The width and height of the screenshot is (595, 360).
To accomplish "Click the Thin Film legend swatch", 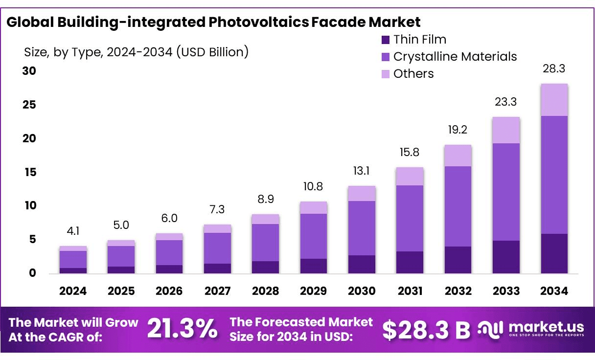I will (x=386, y=40).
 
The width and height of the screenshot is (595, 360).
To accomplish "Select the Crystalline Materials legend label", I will (x=455, y=57).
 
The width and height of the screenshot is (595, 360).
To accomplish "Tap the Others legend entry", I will (x=413, y=74).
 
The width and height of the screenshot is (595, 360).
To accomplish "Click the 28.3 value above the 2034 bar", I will (x=554, y=69).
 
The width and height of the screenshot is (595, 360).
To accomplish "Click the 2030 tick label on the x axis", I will (x=362, y=291).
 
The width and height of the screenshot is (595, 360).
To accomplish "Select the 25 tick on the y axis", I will (x=30, y=105).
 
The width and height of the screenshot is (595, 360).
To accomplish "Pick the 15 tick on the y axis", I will (x=30, y=172).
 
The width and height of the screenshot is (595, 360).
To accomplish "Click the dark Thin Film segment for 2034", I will (x=554, y=253).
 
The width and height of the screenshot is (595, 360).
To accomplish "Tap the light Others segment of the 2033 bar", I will (x=506, y=130).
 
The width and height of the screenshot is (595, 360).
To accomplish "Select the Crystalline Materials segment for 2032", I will (x=458, y=206).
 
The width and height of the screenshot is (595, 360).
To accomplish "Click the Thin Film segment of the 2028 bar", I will (x=265, y=267).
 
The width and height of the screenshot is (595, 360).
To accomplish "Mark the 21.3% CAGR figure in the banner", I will (x=182, y=329).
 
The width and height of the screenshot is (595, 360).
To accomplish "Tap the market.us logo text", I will (x=546, y=326).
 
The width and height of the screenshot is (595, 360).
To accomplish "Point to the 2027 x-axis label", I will (x=217, y=291).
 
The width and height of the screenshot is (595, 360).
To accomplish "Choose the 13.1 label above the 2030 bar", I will (x=362, y=171).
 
